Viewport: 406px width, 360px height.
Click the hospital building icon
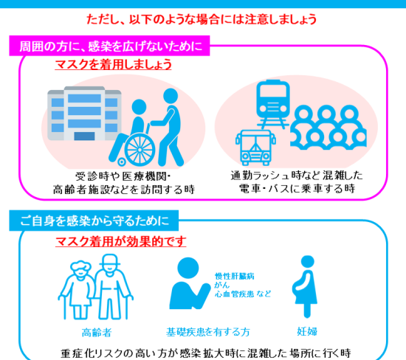coord(84,114)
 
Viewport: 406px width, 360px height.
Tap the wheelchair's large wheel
coord(140,150)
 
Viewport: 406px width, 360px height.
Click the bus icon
coord(255,148)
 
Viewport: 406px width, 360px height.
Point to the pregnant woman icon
coord(306,287)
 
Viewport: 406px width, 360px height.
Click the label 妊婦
coord(307,331)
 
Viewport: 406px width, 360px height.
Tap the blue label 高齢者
coord(97,332)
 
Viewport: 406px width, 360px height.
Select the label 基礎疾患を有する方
coord(208,332)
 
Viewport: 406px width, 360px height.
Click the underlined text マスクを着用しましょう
coord(114,64)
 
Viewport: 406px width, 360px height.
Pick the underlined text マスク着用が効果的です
coord(121,241)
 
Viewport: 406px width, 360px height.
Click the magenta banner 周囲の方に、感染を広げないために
coord(109,46)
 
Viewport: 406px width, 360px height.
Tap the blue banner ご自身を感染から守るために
coord(94,221)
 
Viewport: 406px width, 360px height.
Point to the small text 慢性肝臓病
coord(235,276)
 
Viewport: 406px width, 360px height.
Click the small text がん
coord(222,285)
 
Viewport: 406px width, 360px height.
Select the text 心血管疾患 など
coord(243,294)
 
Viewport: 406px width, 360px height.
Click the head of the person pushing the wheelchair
coord(171,96)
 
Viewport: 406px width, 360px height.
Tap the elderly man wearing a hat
coord(111,286)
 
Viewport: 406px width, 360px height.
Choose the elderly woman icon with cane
coord(78,290)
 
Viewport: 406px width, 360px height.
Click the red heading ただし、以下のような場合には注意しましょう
coord(202,20)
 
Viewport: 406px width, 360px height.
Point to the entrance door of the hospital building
coord(84,136)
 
